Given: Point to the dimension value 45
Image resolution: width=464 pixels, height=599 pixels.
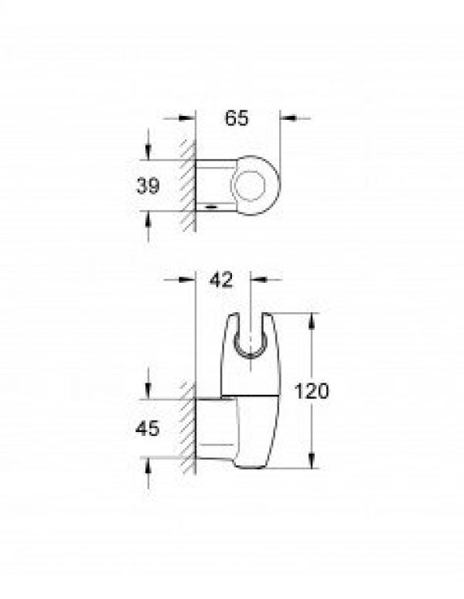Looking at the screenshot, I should point(148,428).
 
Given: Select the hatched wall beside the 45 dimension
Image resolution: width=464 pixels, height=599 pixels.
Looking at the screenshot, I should point(186,429).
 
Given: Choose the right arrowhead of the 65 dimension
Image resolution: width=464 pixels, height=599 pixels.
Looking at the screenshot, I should point(284,118).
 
